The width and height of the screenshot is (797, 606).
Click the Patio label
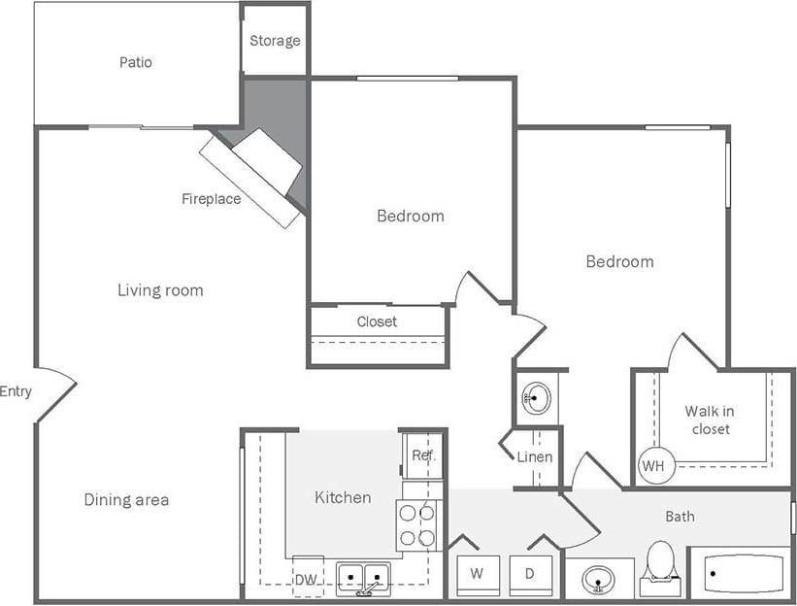click(136, 62)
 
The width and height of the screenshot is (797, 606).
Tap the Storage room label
click(275, 41)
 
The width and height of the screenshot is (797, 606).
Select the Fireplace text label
click(211, 199)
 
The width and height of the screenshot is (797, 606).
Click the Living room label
click(160, 289)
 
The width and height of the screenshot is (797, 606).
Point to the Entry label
click(16, 392)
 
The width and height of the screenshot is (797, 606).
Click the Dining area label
click(126, 500)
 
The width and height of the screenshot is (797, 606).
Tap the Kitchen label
click(343, 497)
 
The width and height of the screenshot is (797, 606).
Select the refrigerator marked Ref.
click(423, 455)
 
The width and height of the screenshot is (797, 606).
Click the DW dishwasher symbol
click(307, 578)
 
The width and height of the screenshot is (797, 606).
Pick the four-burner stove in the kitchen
click(418, 525)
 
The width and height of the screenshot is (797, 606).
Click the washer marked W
click(477, 574)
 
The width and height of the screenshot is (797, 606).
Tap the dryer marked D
click(530, 574)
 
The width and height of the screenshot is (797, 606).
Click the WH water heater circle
click(653, 466)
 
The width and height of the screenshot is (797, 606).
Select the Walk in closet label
click(710, 420)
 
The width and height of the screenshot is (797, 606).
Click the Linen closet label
click(535, 456)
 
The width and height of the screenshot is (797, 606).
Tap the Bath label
click(680, 517)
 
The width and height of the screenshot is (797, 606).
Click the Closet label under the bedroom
click(377, 321)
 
